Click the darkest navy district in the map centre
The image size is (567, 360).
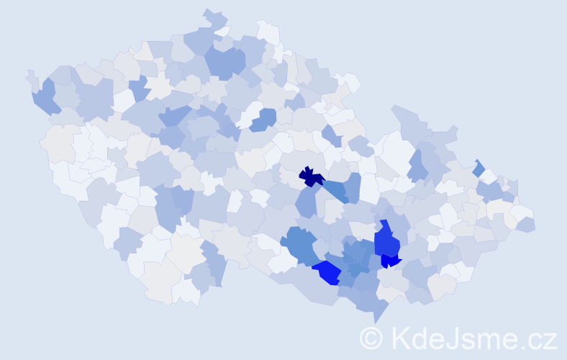[310, 176]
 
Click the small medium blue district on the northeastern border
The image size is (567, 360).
[479, 168]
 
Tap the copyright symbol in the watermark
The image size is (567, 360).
[371, 337]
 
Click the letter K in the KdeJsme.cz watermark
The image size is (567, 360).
[401, 337]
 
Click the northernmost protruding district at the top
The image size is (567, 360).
[214, 16]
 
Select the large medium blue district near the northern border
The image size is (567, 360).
[225, 61]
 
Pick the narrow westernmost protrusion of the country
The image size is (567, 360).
[31, 77]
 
